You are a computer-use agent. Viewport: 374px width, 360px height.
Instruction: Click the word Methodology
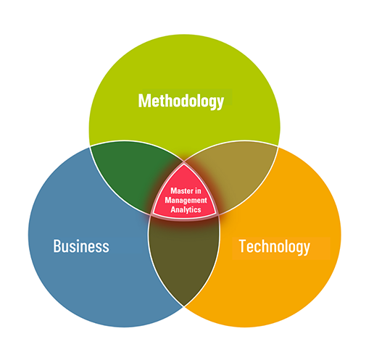181,101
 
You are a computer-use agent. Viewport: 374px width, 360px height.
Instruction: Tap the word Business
81,246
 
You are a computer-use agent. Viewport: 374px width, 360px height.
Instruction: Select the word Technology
274,246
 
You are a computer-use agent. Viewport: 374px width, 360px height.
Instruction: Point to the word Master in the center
180,191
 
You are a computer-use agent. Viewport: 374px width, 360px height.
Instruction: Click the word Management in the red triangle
186,201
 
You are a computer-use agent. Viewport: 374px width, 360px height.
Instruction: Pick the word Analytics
186,209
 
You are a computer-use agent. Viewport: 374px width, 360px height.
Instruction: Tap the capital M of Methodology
144,101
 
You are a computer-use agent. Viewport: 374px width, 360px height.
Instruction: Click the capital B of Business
57,246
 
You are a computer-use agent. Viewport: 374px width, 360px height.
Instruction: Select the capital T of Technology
242,246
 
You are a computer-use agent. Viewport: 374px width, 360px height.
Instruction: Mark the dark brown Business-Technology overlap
183,256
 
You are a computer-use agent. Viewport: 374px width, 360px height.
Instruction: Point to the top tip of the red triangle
184,164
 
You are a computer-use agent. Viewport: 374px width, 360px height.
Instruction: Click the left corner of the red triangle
153,214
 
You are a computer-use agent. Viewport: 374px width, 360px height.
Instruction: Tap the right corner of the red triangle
217,214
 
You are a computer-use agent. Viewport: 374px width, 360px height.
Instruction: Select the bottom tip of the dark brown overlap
183,306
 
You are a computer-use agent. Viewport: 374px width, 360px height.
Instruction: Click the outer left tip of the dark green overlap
91,146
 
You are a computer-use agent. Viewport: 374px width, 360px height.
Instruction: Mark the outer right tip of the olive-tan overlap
278,146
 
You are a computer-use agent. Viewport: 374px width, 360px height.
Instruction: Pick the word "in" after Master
198,191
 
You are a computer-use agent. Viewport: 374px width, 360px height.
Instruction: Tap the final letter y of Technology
307,248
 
